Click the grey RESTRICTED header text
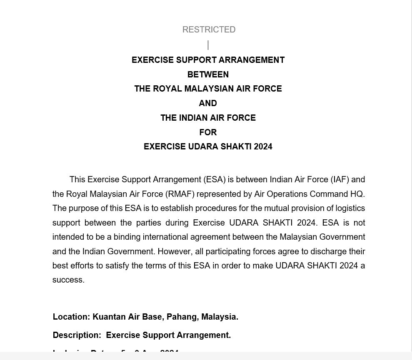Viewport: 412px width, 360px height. click(x=209, y=30)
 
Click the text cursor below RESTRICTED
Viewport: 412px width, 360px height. click(x=208, y=45)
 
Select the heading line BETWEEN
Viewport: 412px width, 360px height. click(x=208, y=74)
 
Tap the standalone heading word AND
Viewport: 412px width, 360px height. click(x=208, y=103)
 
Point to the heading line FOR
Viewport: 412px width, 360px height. click(x=208, y=132)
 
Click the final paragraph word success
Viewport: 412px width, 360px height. click(x=68, y=280)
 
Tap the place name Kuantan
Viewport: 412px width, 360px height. click(x=109, y=317)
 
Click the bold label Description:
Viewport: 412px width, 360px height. click(x=77, y=335)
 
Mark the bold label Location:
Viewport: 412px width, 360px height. click(x=71, y=317)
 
